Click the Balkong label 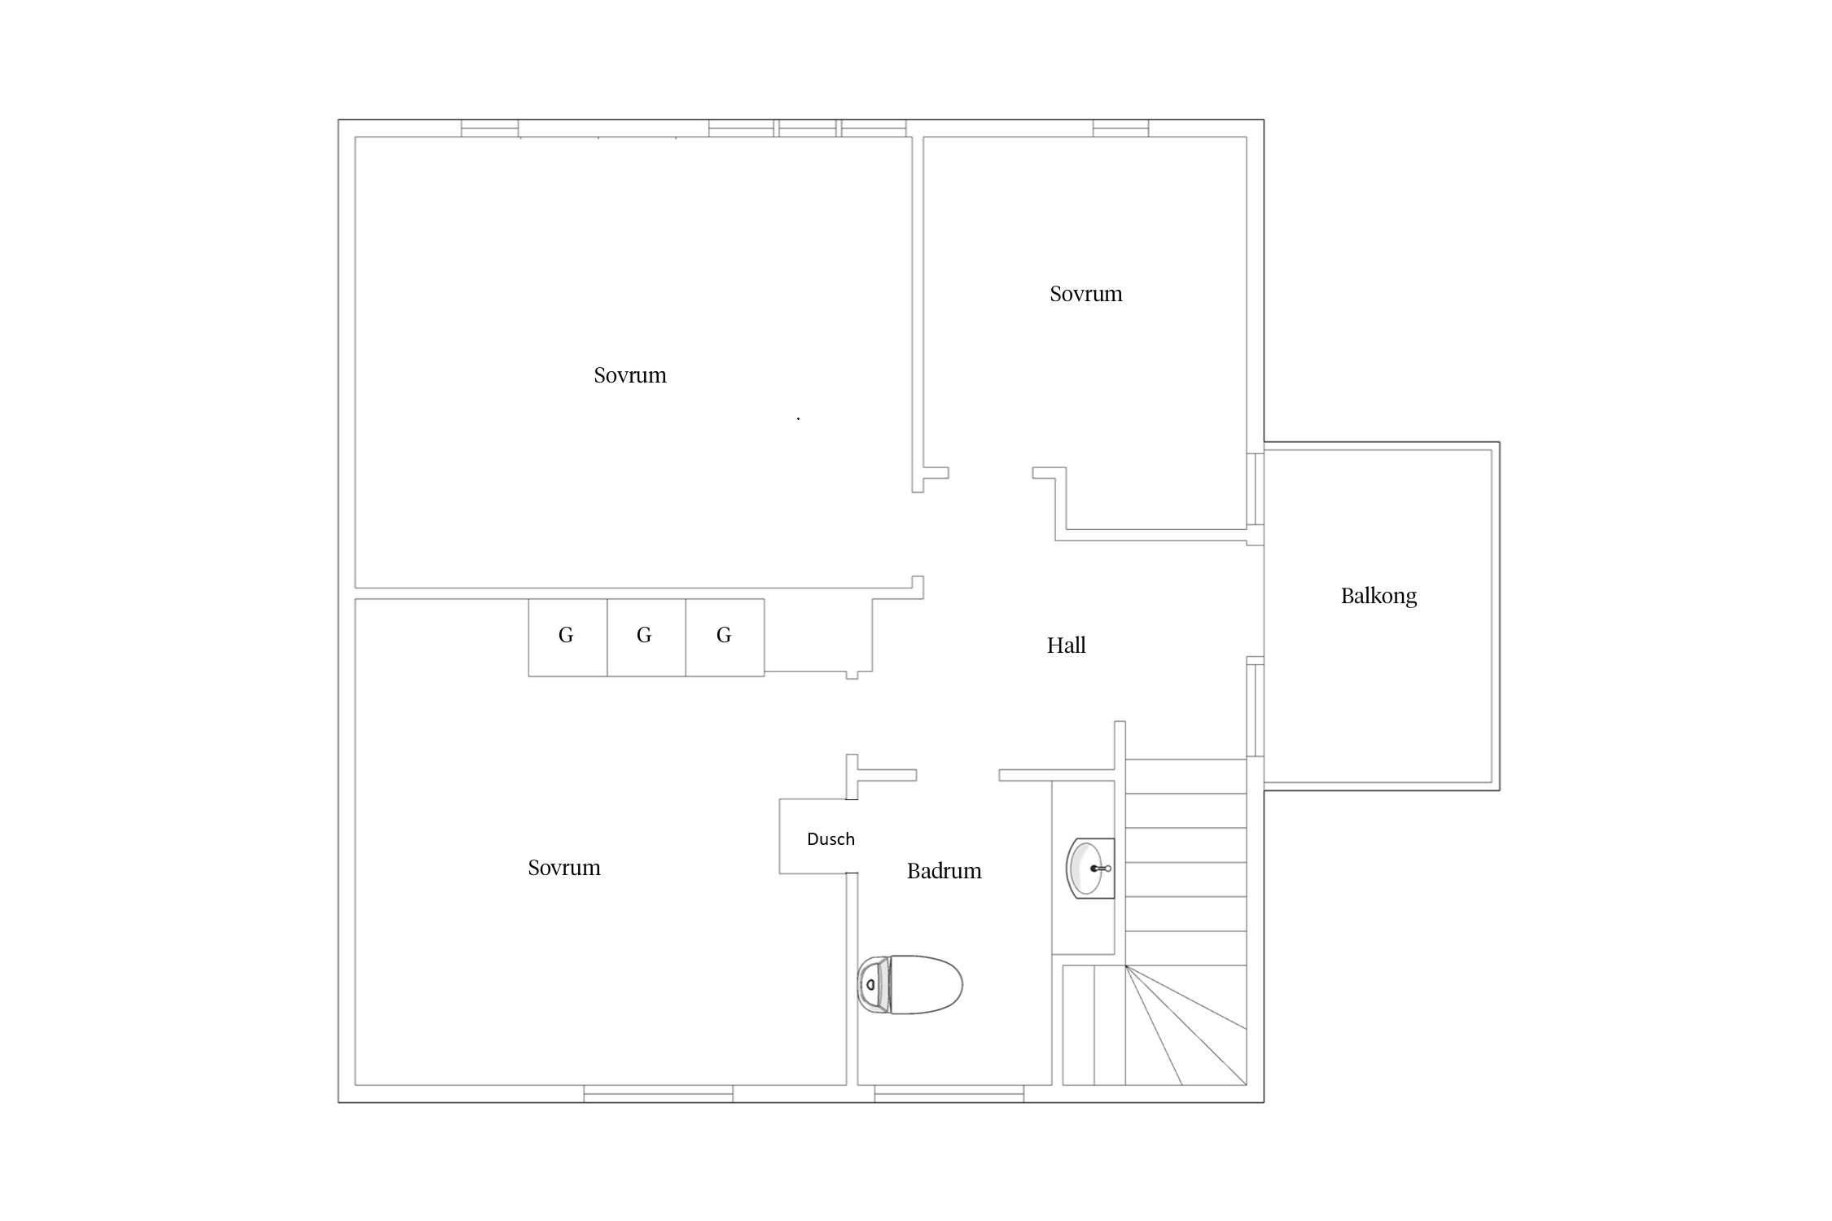click(1378, 596)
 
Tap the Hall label click(1066, 646)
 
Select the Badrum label click(944, 871)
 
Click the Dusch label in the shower click(831, 838)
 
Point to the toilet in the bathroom click(909, 985)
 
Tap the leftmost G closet click(568, 637)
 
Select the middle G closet click(646, 637)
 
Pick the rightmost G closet click(725, 637)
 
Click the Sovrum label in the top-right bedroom click(1085, 294)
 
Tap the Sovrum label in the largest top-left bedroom click(629, 375)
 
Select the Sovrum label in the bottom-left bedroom click(563, 868)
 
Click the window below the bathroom click(949, 1094)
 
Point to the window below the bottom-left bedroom click(658, 1094)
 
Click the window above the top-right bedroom click(1120, 128)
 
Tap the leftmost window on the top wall click(489, 128)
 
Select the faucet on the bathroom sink click(1101, 869)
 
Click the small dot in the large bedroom click(798, 418)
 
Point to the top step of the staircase click(1186, 777)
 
